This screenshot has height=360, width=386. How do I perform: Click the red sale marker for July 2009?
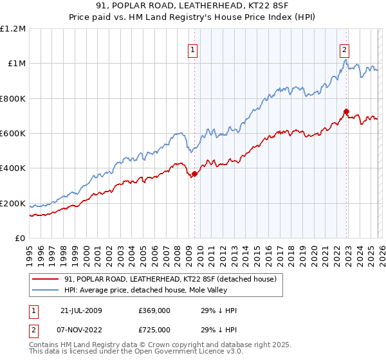click(195, 174)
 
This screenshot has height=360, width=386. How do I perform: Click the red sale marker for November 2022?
click(346, 111)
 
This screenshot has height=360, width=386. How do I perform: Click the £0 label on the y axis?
click(20, 239)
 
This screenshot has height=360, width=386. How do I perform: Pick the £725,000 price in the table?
click(154, 330)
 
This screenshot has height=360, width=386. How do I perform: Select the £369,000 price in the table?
click(154, 310)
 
